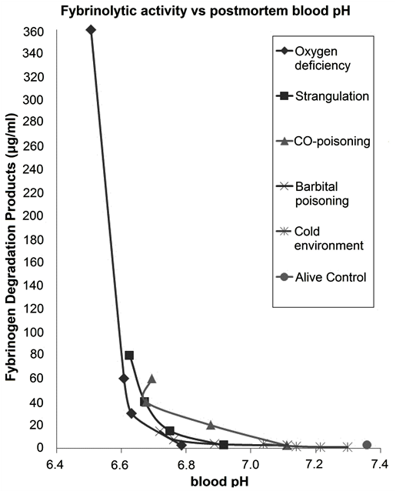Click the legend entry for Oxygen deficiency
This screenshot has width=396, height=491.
[x=324, y=58]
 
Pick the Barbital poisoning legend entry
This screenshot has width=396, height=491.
[x=324, y=193]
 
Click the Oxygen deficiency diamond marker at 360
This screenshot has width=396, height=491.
[x=91, y=30]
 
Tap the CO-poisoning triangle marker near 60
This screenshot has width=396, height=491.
[x=152, y=379]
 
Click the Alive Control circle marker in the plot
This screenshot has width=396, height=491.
[x=367, y=445]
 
